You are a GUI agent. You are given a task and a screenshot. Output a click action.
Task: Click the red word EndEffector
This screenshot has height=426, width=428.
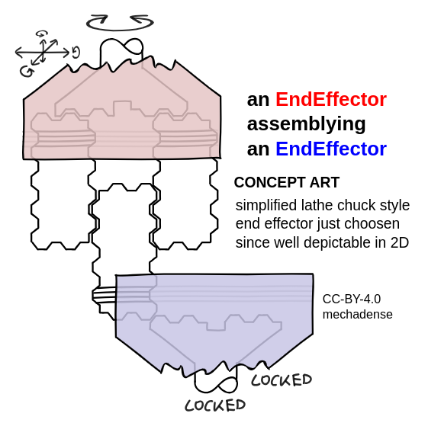point(331,99)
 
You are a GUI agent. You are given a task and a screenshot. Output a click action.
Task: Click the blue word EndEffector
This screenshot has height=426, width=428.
point(331,149)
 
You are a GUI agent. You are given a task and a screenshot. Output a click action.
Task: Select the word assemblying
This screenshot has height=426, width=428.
point(306,125)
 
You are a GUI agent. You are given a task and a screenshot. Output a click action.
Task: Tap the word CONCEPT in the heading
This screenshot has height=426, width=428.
point(270,182)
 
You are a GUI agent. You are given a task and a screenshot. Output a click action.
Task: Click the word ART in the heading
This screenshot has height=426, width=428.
point(324,182)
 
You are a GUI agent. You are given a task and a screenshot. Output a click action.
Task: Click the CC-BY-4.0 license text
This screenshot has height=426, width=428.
point(352,299)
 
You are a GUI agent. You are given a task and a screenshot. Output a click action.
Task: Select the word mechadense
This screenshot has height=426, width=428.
point(358,315)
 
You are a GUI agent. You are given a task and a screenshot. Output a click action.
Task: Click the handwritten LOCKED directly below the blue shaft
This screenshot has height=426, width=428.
point(215,405)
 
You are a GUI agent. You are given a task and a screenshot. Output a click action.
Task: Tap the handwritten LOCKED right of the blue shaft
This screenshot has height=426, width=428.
point(282,380)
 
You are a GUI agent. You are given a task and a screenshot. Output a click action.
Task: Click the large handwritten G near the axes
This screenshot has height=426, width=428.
point(27,72)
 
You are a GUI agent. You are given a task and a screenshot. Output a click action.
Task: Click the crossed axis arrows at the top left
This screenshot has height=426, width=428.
point(43,52)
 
